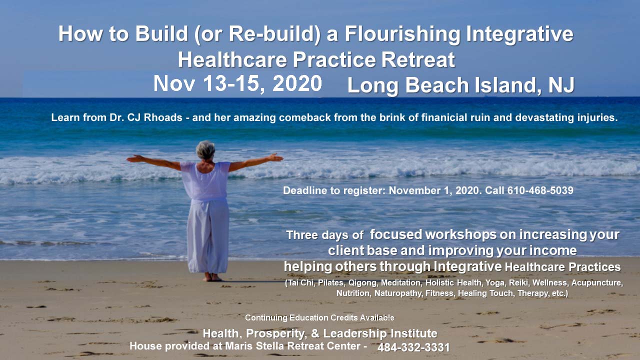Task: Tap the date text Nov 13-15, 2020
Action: pyautogui.click(x=237, y=83)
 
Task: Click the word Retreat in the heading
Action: pyautogui.click(x=418, y=59)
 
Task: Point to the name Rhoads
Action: pyautogui.click(x=163, y=117)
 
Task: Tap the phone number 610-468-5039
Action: pyautogui.click(x=540, y=190)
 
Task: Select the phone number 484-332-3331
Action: pyautogui.click(x=413, y=347)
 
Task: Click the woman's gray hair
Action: pyautogui.click(x=205, y=149)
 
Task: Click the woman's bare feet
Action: pyautogui.click(x=212, y=277)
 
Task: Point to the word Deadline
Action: pyautogui.click(x=305, y=190)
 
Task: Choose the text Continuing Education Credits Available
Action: pyautogui.click(x=319, y=317)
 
